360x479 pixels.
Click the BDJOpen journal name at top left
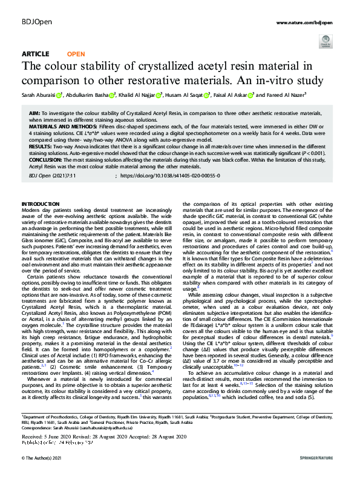[34, 22]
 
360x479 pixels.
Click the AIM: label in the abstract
[35, 114]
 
